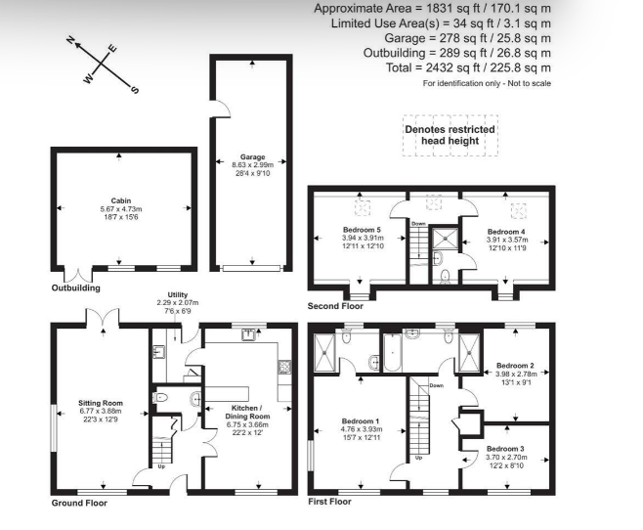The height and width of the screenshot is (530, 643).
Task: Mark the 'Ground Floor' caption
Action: tap(79, 503)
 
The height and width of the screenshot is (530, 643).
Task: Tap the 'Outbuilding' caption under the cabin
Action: tap(75, 288)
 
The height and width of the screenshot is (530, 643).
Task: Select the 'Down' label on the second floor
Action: tap(417, 224)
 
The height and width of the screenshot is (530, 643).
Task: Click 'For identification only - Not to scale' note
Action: tap(487, 84)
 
